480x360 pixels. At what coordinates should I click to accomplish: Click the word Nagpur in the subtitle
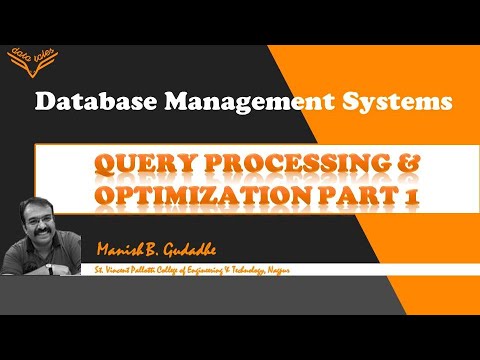tap(345, 270)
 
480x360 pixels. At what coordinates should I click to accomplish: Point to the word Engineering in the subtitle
tap(254, 270)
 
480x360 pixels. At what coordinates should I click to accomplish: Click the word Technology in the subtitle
tap(308, 270)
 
